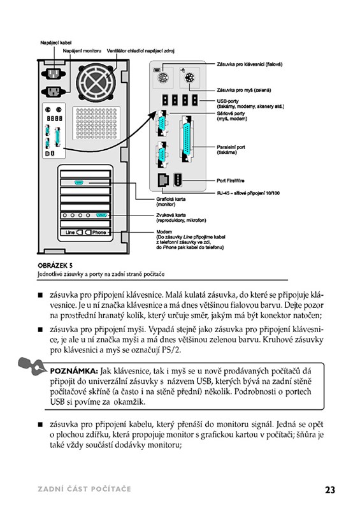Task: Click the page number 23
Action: (330, 490)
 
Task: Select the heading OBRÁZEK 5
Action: (55, 265)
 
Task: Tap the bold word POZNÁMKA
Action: (74, 371)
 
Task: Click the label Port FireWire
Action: (230, 180)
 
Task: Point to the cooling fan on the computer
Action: (96, 82)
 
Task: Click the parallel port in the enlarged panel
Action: (187, 140)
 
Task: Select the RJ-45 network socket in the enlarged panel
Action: (163, 180)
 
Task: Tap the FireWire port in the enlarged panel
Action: (178, 180)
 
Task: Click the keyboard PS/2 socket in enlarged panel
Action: (162, 78)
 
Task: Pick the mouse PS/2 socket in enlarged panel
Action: (189, 78)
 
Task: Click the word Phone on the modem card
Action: (99, 232)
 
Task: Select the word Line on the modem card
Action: (70, 232)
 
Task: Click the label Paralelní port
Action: (231, 147)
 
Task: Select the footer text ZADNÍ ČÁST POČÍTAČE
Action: (85, 489)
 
